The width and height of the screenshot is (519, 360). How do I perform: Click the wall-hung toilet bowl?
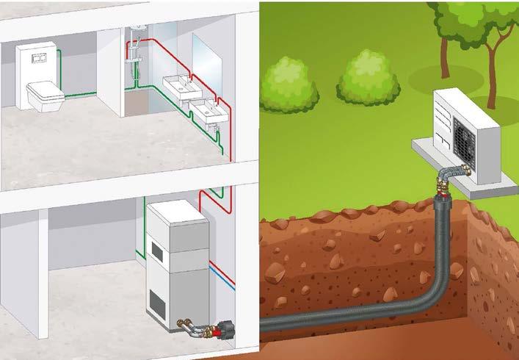[43, 94]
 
